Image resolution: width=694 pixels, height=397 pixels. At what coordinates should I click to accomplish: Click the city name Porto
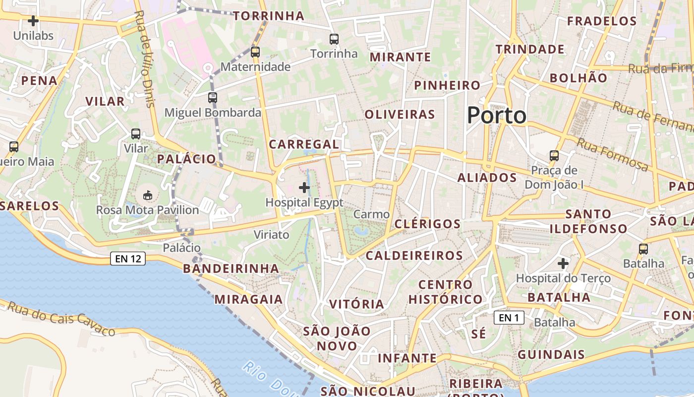point(496,115)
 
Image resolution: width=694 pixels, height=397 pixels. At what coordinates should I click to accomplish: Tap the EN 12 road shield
point(127,259)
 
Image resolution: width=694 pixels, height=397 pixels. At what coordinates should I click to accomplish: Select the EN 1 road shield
point(509,318)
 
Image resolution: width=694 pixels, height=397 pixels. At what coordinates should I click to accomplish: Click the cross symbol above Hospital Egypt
point(304,188)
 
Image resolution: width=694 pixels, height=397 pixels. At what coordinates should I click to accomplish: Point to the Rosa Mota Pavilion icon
point(147,196)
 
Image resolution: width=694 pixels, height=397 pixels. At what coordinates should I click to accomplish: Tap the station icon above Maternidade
point(255,52)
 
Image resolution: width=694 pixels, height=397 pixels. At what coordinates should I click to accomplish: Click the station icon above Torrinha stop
point(334,39)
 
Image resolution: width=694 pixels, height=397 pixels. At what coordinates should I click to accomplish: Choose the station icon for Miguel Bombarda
point(213,98)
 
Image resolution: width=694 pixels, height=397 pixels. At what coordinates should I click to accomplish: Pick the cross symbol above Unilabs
point(33,21)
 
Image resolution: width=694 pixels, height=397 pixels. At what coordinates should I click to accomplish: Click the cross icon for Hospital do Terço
point(563,263)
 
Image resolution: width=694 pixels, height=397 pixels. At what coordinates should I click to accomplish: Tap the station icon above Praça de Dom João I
point(554,156)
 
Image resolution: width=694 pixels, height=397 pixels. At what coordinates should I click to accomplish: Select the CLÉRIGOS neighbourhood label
point(427,224)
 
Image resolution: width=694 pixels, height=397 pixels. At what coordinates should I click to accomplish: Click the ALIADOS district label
point(487,178)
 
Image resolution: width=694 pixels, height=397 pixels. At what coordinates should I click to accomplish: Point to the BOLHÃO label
point(578,78)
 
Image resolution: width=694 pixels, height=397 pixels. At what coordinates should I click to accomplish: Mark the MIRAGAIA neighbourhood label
point(248,299)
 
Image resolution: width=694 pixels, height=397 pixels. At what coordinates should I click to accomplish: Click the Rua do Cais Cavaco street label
point(61,319)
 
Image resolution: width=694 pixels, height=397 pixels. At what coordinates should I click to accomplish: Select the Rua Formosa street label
point(612,154)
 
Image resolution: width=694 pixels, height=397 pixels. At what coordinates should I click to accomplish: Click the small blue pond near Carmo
point(361,231)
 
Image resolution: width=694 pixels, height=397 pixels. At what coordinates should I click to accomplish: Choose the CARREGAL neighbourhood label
point(303,144)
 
